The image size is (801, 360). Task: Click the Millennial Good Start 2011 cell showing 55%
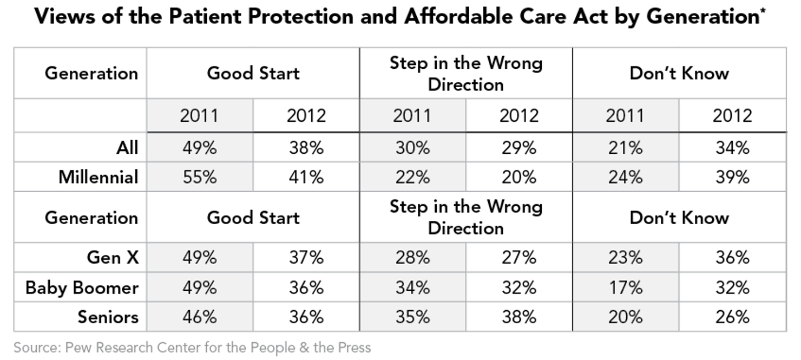[199, 177]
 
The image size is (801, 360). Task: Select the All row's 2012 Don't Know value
[732, 147]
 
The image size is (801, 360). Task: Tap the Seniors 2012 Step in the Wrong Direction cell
[518, 317]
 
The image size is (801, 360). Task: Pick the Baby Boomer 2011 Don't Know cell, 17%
[625, 287]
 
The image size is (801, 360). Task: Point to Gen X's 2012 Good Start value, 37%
[306, 258]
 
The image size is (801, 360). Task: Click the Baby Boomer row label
[82, 287]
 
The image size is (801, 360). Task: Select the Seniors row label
[108, 317]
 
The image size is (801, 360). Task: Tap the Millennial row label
[99, 177]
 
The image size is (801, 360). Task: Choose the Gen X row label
[113, 258]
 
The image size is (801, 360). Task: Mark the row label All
[127, 147]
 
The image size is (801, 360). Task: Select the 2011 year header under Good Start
[199, 116]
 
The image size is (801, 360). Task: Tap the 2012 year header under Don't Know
[732, 116]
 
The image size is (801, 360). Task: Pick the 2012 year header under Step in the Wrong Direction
[518, 116]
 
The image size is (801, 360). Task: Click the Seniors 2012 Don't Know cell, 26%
[732, 317]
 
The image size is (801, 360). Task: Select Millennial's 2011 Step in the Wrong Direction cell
[412, 177]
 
